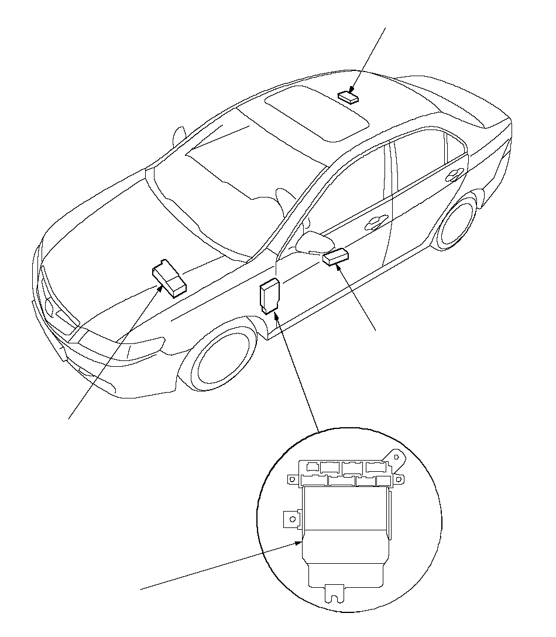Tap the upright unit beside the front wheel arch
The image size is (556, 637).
[269, 297]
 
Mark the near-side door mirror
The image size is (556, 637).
[311, 241]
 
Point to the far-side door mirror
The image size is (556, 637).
[179, 136]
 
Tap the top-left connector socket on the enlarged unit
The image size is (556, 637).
[313, 467]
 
